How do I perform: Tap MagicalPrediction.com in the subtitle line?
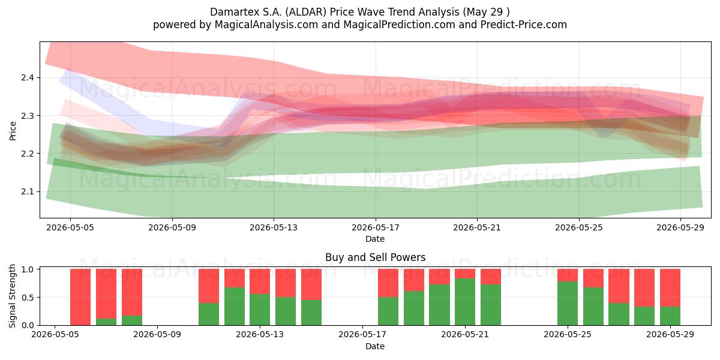[x=399, y=25]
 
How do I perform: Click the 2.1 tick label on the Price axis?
[x=28, y=191]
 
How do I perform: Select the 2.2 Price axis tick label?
[x=28, y=154]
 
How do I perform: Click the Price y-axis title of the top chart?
[x=13, y=131]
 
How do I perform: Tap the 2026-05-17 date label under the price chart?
[x=376, y=227]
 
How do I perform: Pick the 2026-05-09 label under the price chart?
[x=172, y=227]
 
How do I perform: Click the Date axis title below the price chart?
[x=375, y=239]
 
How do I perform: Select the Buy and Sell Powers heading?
[x=375, y=257]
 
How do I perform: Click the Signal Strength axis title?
[x=12, y=296]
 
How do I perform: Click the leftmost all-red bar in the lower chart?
[x=80, y=297]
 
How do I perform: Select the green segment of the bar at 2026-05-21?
[x=465, y=302]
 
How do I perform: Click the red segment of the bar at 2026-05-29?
[x=670, y=288]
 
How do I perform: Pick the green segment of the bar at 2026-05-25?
[x=568, y=303]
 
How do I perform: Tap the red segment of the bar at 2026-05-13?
[x=260, y=281]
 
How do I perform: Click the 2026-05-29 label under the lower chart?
[x=670, y=335]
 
